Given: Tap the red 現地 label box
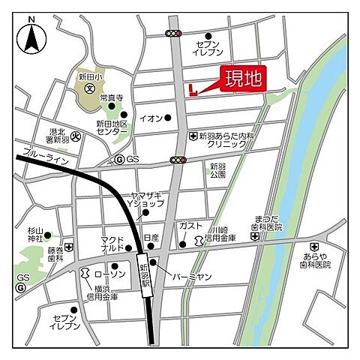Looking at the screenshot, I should (243, 79).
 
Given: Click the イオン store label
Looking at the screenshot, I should (150, 118).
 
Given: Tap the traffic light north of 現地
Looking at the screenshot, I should (175, 33).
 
